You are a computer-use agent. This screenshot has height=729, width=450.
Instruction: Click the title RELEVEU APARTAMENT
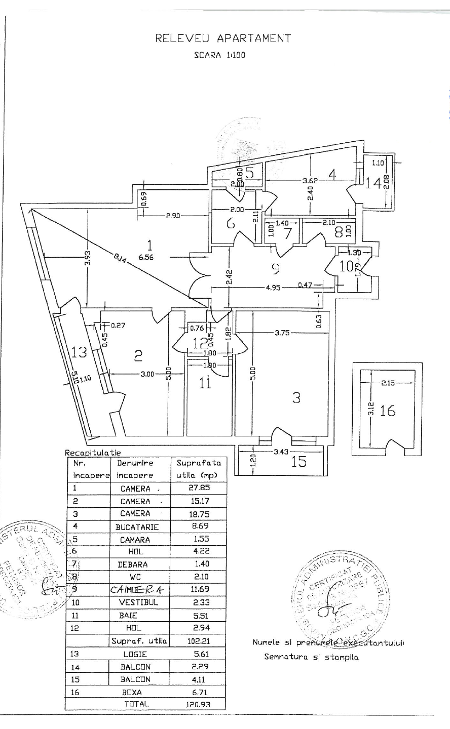point(223,38)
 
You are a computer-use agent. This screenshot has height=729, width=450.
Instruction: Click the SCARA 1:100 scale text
point(219,55)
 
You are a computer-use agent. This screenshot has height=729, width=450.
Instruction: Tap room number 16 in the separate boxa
point(388,411)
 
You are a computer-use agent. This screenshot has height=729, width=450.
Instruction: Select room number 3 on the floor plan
point(296,398)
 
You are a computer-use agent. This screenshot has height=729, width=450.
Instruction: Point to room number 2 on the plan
point(138,356)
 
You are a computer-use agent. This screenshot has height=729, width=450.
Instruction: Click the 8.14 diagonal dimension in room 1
point(120,258)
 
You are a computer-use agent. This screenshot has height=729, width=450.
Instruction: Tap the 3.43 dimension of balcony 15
point(281,452)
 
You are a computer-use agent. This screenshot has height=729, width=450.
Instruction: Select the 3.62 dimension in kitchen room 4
point(310,180)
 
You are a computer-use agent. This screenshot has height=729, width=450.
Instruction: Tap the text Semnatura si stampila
point(311,657)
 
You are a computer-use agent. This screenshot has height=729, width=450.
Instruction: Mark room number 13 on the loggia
point(80,351)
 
